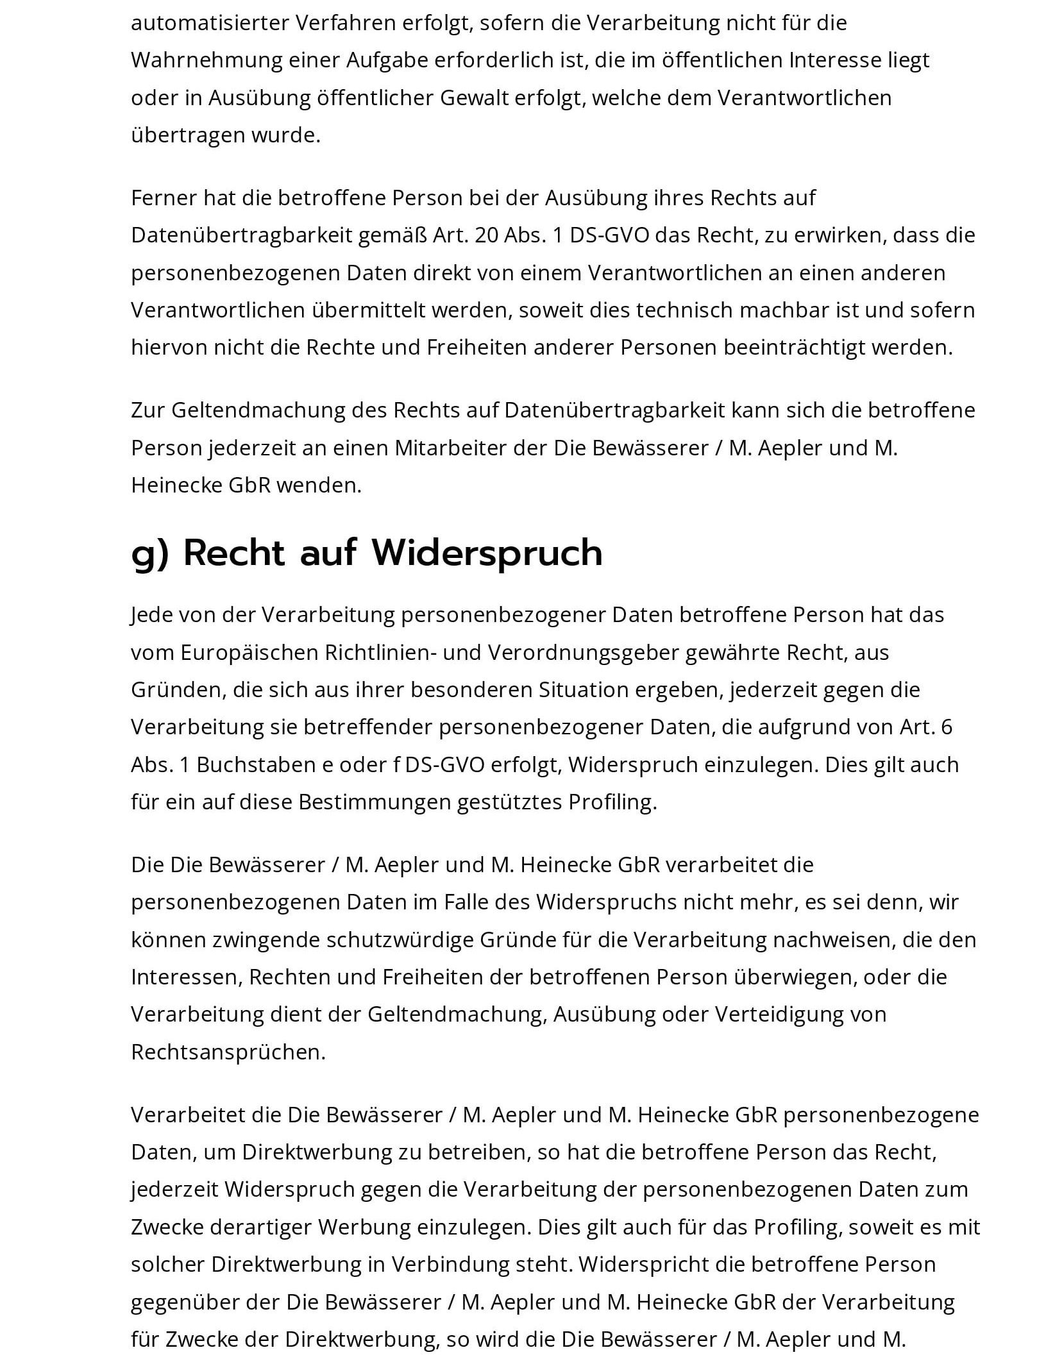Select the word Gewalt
[474, 98]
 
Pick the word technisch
[684, 310]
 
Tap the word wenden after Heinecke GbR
[319, 485]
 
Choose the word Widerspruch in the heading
[487, 552]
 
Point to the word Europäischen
[249, 652]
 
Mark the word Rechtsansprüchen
[228, 1052]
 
